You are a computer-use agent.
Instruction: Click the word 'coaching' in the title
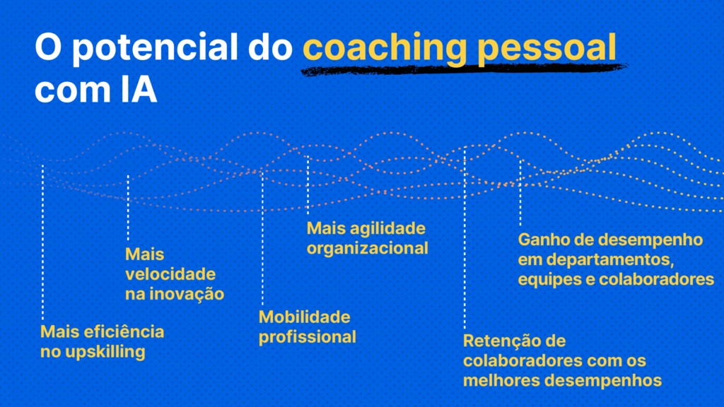(385, 48)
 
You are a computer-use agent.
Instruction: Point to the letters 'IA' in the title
(139, 90)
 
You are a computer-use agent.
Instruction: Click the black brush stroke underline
(464, 69)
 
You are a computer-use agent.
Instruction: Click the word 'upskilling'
(105, 352)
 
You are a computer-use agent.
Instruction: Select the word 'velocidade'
(170, 274)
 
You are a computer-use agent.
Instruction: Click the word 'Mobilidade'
(304, 317)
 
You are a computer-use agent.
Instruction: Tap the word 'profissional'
(307, 337)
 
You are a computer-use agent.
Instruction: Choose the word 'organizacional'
(367, 248)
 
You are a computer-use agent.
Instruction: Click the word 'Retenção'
(501, 341)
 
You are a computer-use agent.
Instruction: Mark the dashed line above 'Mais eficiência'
(42, 242)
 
